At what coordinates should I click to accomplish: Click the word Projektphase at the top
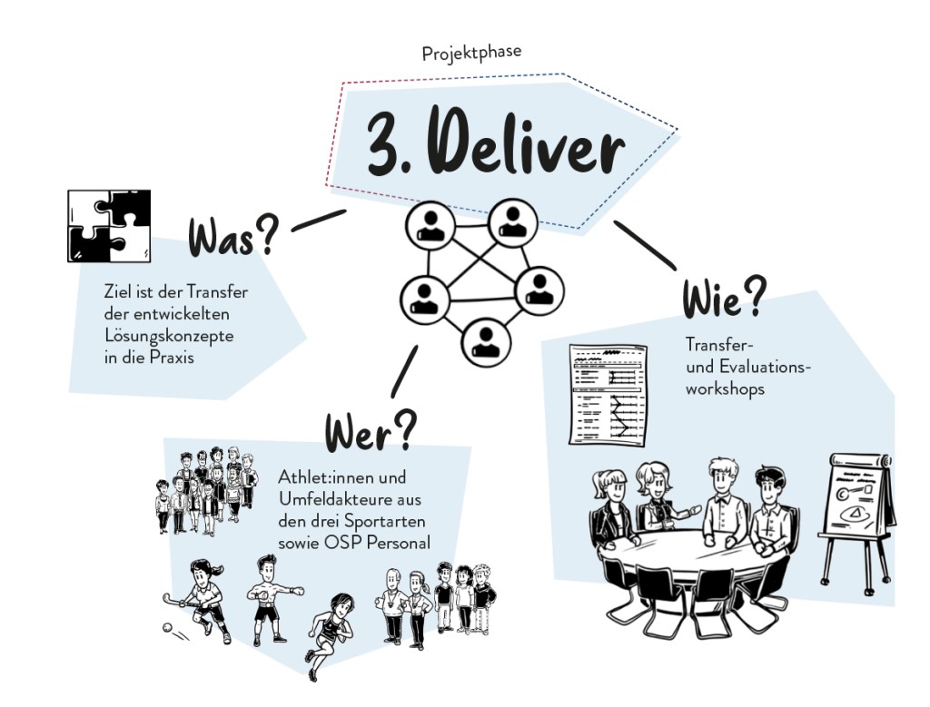point(471,54)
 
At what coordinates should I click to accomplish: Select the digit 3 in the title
point(383,145)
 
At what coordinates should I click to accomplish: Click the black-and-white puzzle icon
point(109,225)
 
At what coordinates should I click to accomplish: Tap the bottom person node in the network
point(481,339)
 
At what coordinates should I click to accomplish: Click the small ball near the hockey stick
point(166,626)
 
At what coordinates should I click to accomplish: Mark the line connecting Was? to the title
point(319,219)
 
